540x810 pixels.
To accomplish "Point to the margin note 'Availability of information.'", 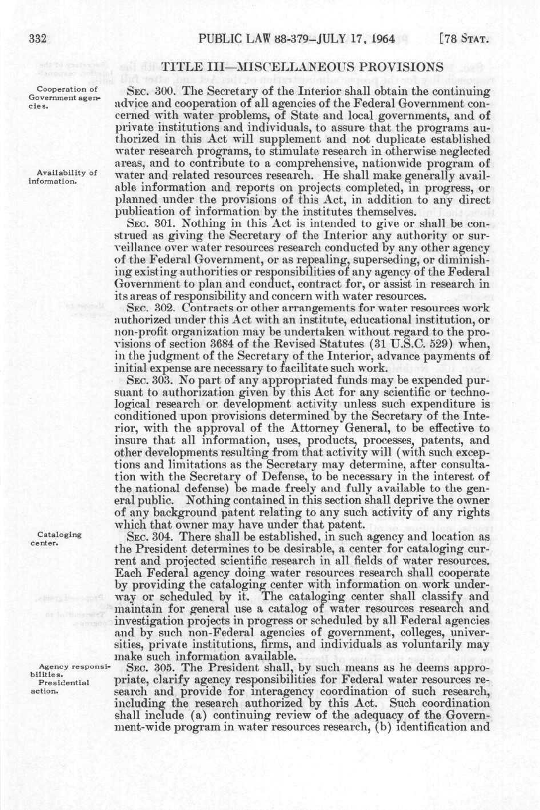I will point(62,177).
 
